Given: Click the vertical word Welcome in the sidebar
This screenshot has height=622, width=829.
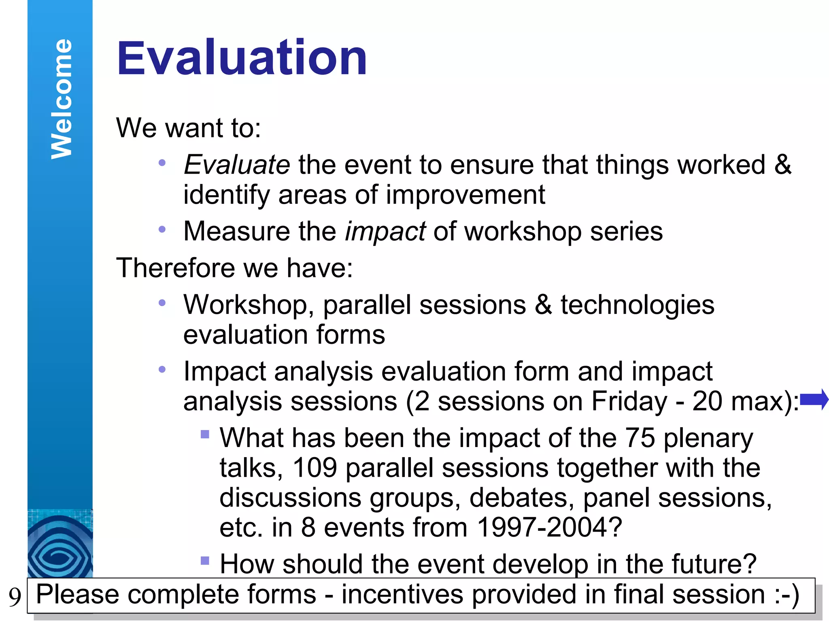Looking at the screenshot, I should tap(62, 99).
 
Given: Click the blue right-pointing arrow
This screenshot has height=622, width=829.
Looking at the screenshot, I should tap(814, 399).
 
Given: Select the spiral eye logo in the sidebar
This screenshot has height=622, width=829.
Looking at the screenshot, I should tap(60, 547).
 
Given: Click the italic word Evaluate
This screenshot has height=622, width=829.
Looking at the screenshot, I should tap(237, 165).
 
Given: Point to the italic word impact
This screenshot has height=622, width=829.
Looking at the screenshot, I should tap(385, 232).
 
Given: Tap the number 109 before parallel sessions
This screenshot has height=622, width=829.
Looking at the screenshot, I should tap(315, 468).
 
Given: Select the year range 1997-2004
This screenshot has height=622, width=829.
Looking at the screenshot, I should tap(549, 528).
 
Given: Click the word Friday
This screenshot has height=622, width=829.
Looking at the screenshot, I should tap(629, 402).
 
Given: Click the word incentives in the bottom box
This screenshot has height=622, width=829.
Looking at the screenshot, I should tap(402, 594).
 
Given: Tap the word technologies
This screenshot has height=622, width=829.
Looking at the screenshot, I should tap(638, 305).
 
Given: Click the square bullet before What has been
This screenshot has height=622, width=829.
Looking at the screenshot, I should tap(205, 435).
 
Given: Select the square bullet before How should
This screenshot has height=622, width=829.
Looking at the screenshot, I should tap(205, 561).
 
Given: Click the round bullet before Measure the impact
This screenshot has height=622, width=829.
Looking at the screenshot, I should tap(162, 230).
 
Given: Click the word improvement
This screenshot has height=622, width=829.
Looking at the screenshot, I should tap(466, 195).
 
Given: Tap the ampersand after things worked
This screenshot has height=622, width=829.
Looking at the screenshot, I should tap(783, 165).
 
